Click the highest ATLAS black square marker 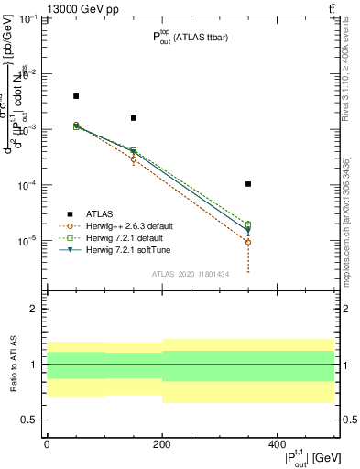(76, 96)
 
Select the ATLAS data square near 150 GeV (134, 118)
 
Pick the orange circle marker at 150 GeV (134, 159)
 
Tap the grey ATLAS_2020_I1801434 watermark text (190, 273)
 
